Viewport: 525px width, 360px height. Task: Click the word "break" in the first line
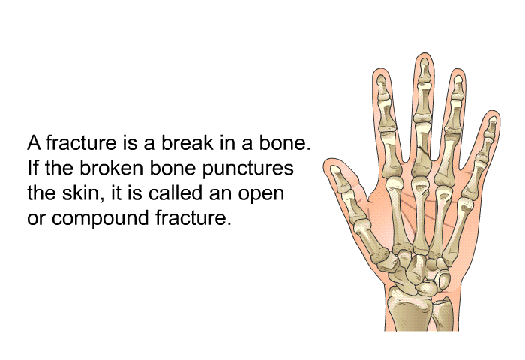(x=187, y=143)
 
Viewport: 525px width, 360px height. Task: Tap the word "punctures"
(x=247, y=168)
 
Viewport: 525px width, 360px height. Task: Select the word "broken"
(x=111, y=168)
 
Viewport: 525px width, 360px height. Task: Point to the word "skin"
(x=82, y=193)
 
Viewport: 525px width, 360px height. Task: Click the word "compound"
(x=100, y=218)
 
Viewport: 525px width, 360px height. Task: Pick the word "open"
(x=261, y=194)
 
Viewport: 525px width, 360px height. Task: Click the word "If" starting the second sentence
(x=33, y=168)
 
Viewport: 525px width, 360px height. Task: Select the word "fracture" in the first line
(x=81, y=143)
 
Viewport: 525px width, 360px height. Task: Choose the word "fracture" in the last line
(x=193, y=218)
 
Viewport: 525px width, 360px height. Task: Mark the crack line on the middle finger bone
(x=422, y=150)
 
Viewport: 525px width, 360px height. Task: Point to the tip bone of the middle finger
(x=424, y=69)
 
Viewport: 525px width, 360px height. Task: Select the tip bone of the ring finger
(x=457, y=84)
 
